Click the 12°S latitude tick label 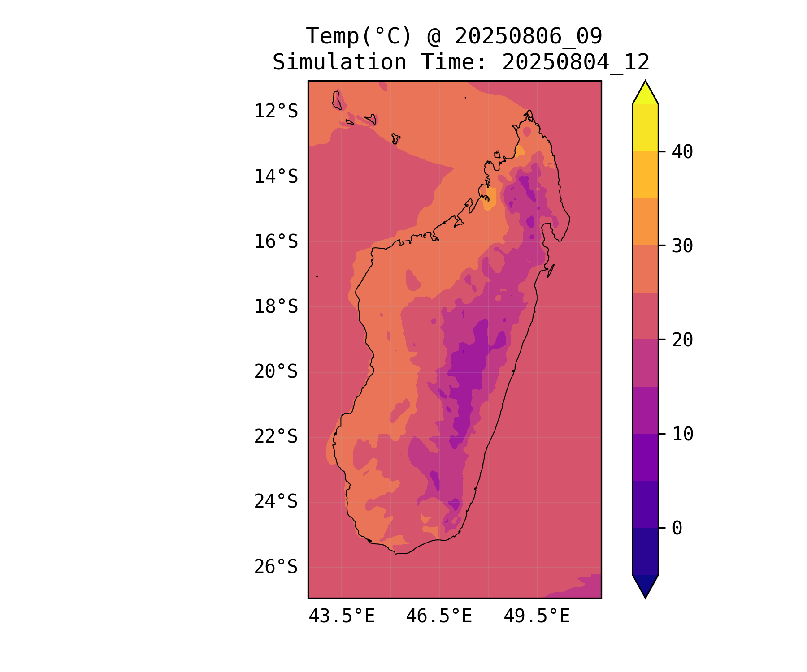276,111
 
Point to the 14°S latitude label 276,177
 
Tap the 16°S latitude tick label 276,241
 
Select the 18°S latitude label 276,307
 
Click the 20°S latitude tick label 276,372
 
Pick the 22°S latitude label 276,437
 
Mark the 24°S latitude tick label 276,502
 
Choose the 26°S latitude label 276,567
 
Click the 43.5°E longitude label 342,616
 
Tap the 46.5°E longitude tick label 439,616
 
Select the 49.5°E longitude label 537,616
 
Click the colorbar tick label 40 682,152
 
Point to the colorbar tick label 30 682,246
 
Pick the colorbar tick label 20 682,340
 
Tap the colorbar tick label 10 682,434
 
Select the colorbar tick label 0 677,528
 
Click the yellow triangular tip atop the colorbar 645,94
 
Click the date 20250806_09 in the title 528,36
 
